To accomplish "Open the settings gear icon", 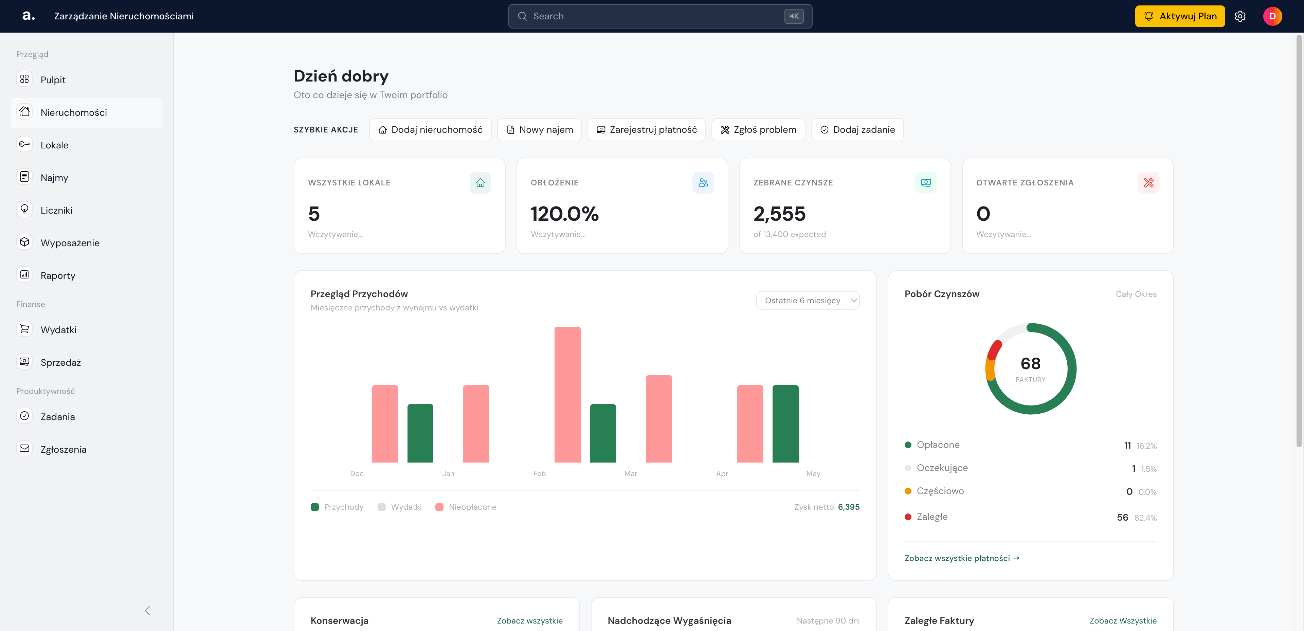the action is point(1240,16).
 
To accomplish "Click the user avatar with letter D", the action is point(1272,16).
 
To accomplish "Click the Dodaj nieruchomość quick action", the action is point(430,130).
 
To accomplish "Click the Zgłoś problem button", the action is point(758,130).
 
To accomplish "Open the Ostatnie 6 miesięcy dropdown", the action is point(808,300).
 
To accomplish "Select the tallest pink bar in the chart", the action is point(567,395).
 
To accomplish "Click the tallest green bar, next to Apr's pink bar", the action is point(785,424).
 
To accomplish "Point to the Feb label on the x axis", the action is point(539,473).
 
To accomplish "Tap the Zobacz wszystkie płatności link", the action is point(962,558).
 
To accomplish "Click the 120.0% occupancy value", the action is point(564,214).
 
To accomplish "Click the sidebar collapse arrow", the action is point(147,611).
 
